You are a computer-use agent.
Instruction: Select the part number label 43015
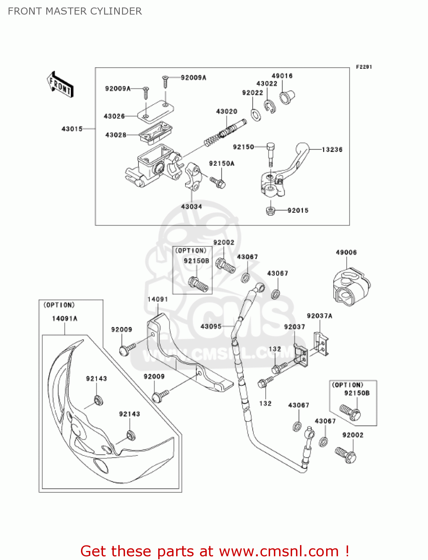72,129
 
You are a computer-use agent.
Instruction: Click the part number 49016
282,76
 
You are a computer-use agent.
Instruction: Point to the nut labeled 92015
271,211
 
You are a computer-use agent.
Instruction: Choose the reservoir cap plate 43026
155,111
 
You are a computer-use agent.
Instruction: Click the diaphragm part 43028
155,133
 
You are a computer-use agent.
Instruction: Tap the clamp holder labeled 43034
193,175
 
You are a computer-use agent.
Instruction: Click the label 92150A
222,164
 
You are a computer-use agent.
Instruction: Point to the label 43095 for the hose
211,326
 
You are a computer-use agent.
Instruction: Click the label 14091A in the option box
65,318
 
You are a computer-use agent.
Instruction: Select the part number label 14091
157,299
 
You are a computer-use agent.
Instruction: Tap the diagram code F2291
364,67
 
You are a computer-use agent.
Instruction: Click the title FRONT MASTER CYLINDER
75,11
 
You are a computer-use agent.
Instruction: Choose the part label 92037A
319,316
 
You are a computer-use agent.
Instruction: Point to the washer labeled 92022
256,115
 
